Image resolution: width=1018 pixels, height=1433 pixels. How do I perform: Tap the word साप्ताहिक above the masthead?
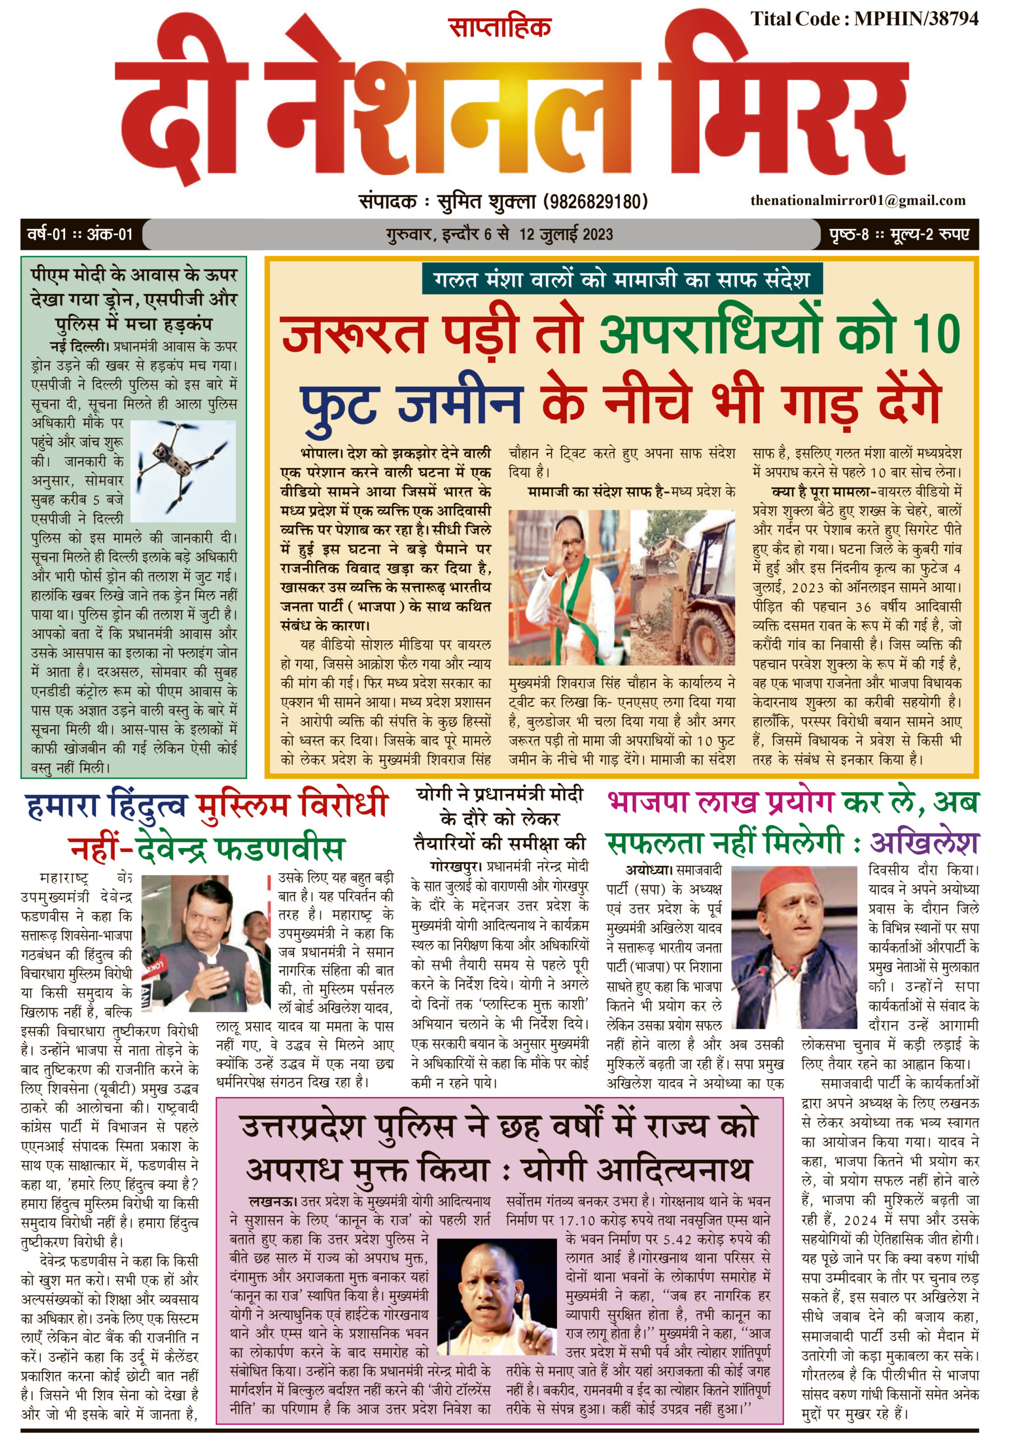[499, 27]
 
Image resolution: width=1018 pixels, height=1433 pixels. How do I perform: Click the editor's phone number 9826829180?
[595, 201]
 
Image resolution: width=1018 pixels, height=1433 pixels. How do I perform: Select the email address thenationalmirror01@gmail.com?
[857, 200]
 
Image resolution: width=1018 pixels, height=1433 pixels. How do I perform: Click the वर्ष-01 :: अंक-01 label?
[80, 235]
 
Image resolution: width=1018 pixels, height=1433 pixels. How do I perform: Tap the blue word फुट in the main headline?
[339, 405]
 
